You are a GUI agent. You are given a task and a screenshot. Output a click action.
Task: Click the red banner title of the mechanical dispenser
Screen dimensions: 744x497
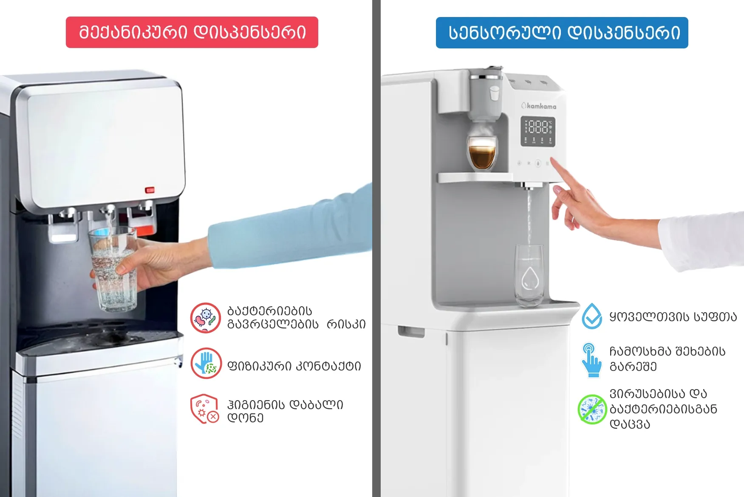tap(192, 32)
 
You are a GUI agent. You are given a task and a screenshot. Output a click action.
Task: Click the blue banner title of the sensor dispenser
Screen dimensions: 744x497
tap(562, 33)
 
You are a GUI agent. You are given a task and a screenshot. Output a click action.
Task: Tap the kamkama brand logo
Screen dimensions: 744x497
tap(539, 106)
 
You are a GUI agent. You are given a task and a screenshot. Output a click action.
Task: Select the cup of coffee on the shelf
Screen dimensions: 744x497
tap(482, 152)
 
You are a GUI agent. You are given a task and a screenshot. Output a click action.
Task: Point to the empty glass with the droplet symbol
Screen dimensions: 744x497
tap(529, 276)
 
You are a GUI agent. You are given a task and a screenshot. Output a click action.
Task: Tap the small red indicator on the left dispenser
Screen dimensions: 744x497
tap(150, 190)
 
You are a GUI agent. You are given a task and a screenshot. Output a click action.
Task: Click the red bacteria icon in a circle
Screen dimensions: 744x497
tap(205, 318)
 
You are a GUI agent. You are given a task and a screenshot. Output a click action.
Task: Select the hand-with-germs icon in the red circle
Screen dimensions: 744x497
tap(206, 363)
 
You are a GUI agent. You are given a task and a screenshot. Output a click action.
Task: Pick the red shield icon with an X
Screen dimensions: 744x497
tap(204, 409)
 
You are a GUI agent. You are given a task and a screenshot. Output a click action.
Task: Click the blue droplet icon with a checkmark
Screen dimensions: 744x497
tap(592, 316)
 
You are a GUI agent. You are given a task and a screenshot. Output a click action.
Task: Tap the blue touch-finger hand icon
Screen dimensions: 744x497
tap(591, 360)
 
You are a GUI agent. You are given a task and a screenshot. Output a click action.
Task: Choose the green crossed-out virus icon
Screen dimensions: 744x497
tap(592, 409)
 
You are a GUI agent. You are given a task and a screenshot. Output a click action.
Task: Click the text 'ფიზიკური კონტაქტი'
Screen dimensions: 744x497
tap(294, 366)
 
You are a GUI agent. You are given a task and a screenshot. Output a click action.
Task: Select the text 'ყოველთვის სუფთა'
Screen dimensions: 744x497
tap(673, 317)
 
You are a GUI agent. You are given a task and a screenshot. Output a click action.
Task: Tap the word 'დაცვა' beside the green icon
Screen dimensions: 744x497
tap(630, 424)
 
